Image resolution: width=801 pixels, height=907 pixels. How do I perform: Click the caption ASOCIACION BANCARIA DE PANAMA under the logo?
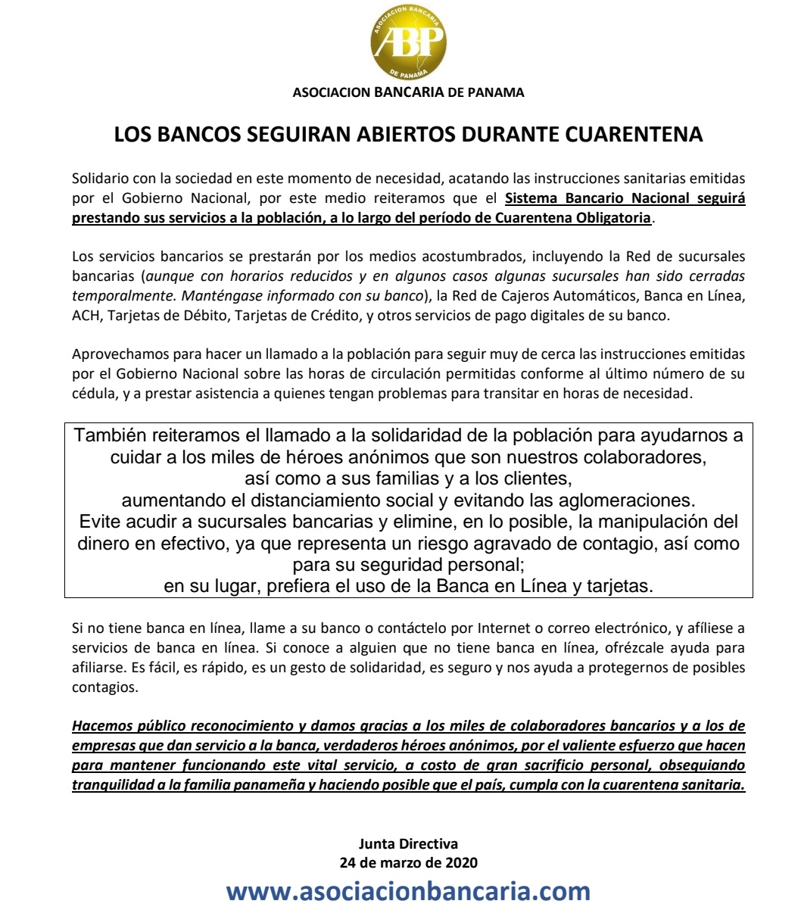pos(408,92)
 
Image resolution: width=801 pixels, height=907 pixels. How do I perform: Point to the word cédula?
pos(92,393)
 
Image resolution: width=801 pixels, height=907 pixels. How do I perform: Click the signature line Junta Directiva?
pos(408,843)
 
